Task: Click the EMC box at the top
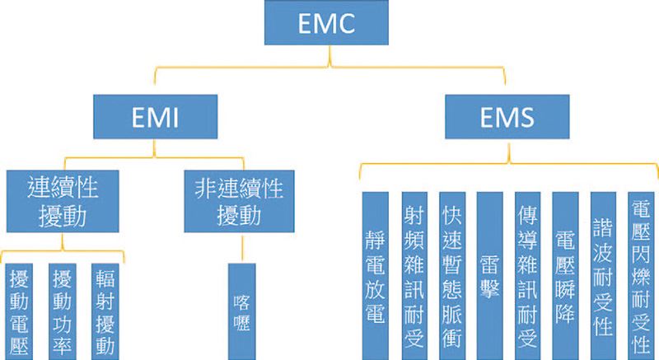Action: (x=329, y=23)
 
